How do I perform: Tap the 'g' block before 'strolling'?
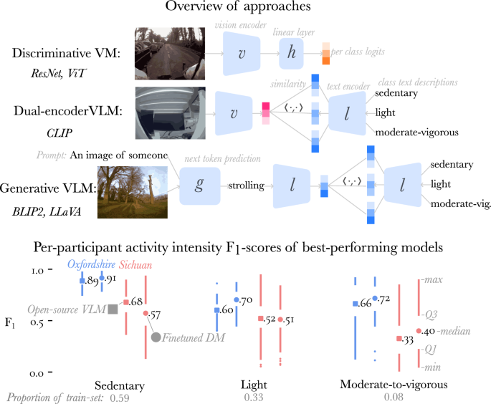coord(198,186)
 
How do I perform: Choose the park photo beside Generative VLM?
coord(132,192)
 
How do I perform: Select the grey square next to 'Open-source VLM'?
coord(113,309)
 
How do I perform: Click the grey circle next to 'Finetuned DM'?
coord(156,337)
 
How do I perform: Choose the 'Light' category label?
coord(250,385)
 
